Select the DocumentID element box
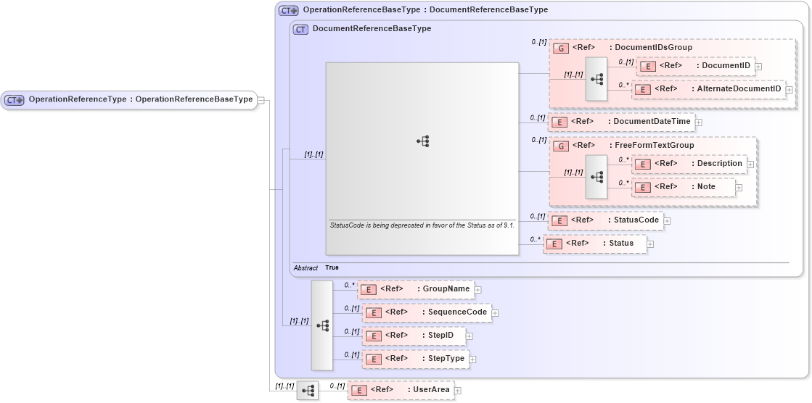click(x=695, y=66)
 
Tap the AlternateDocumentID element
click(x=708, y=89)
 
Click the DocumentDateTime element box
click(x=620, y=121)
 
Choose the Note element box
click(x=683, y=187)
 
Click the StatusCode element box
click(x=605, y=220)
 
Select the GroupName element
click(x=416, y=289)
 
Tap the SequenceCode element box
click(x=426, y=312)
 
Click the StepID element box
click(x=414, y=336)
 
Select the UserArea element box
click(x=401, y=390)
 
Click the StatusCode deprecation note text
click(x=422, y=225)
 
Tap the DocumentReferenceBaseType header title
click(x=371, y=29)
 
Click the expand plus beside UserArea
click(x=458, y=391)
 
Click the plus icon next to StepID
click(x=469, y=336)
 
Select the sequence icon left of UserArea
click(x=308, y=391)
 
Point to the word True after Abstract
click(x=332, y=267)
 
